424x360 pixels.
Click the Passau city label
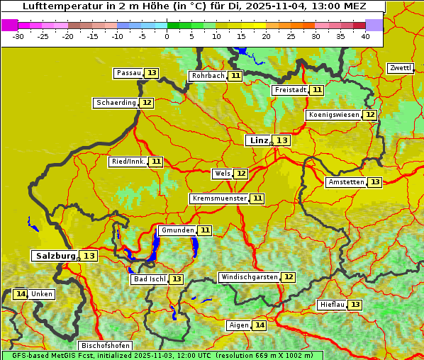(x=128, y=73)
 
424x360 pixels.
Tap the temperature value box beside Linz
(x=282, y=140)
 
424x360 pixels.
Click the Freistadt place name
(x=290, y=90)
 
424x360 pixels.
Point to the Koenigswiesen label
(x=333, y=115)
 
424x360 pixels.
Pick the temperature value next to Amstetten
(x=375, y=182)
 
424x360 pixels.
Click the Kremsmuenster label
(x=219, y=198)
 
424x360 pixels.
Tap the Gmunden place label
(x=177, y=230)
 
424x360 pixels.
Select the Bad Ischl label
(x=149, y=279)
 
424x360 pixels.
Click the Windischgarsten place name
(x=249, y=277)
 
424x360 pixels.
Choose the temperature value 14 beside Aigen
(x=260, y=325)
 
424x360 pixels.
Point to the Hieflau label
(x=332, y=305)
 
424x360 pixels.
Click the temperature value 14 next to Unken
(x=20, y=294)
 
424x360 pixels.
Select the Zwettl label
(x=400, y=68)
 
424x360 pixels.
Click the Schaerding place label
(x=116, y=103)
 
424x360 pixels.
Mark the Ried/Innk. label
(x=128, y=162)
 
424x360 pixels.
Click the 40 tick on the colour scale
(x=365, y=35)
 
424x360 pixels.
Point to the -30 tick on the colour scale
(x=18, y=35)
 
